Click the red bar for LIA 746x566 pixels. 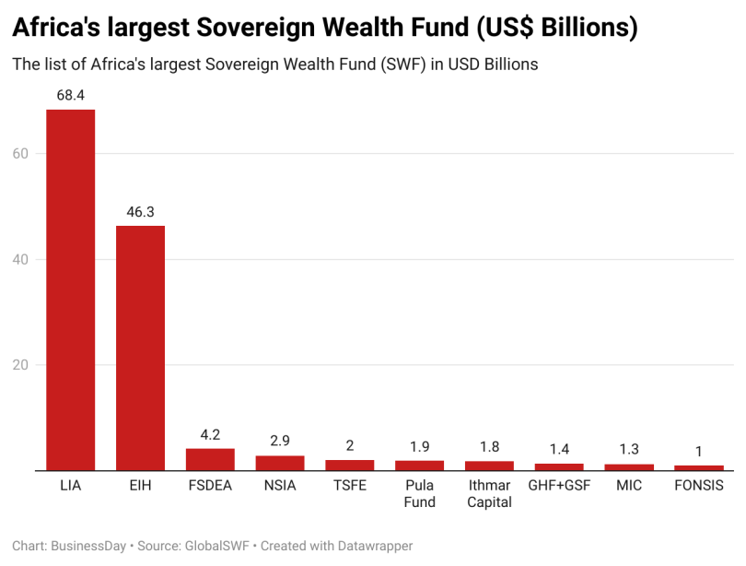[x=70, y=289]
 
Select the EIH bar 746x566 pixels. [x=140, y=348]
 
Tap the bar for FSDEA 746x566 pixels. [x=210, y=459]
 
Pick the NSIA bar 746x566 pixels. [x=280, y=463]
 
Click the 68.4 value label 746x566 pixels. [x=70, y=95]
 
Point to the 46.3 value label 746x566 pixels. [x=140, y=212]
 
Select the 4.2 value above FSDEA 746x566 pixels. [x=210, y=434]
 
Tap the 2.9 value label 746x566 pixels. [x=280, y=442]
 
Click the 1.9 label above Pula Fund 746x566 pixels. [x=419, y=446]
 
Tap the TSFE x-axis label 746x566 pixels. [x=350, y=485]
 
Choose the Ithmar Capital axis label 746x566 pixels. [x=489, y=493]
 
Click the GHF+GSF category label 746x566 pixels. [x=559, y=485]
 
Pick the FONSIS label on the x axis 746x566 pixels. [x=699, y=485]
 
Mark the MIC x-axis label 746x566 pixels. [x=629, y=485]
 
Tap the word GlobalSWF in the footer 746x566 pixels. [x=218, y=546]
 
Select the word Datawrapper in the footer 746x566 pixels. [x=368, y=546]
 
